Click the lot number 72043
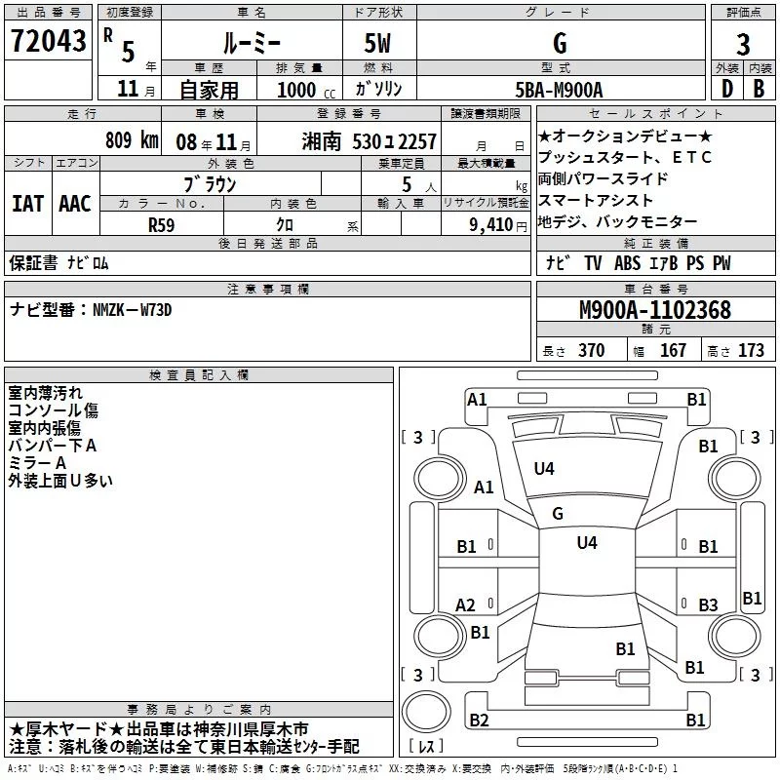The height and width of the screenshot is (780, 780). coord(48,41)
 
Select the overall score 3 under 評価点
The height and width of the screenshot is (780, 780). coord(743,44)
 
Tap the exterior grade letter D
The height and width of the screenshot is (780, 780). coord(726,89)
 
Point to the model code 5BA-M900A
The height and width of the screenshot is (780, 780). coord(559,90)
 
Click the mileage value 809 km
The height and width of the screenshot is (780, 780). coord(132,139)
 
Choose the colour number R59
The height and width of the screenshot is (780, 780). coord(161,225)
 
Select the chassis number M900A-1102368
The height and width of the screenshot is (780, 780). coord(655,310)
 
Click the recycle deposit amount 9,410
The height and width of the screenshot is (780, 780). coord(490,225)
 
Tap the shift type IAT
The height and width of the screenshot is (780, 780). coord(27,204)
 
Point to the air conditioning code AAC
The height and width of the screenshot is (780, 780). coord(75,204)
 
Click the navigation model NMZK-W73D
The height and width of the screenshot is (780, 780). coord(132,310)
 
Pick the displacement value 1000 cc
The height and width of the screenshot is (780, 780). coord(306,90)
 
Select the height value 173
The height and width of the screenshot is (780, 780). coord(751,350)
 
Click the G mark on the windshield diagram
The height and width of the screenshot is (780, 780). coord(558,514)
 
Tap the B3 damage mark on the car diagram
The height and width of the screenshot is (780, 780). coord(708,604)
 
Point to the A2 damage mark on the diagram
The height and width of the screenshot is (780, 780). coord(465,604)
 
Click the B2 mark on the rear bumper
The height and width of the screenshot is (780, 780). coord(479,720)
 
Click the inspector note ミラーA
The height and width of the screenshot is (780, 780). coord(37,463)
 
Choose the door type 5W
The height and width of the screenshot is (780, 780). coord(377,43)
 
